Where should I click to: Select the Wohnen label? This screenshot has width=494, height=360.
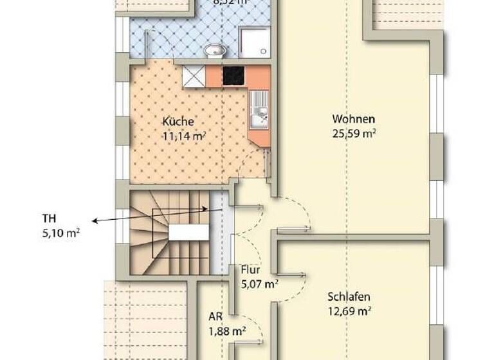pos(353,119)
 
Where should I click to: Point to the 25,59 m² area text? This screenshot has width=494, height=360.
pos(354,134)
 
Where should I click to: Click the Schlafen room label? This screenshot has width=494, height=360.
pos(349,297)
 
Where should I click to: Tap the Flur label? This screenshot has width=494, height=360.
pos(250,269)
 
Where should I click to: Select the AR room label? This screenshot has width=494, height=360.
pos(215,317)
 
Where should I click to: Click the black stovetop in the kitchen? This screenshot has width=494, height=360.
pos(235,76)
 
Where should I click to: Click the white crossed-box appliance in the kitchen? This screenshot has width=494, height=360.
pos(193,76)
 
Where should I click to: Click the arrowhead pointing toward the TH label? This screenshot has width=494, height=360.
pos(95,222)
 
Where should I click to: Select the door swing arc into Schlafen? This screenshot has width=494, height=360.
pos(293,283)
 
